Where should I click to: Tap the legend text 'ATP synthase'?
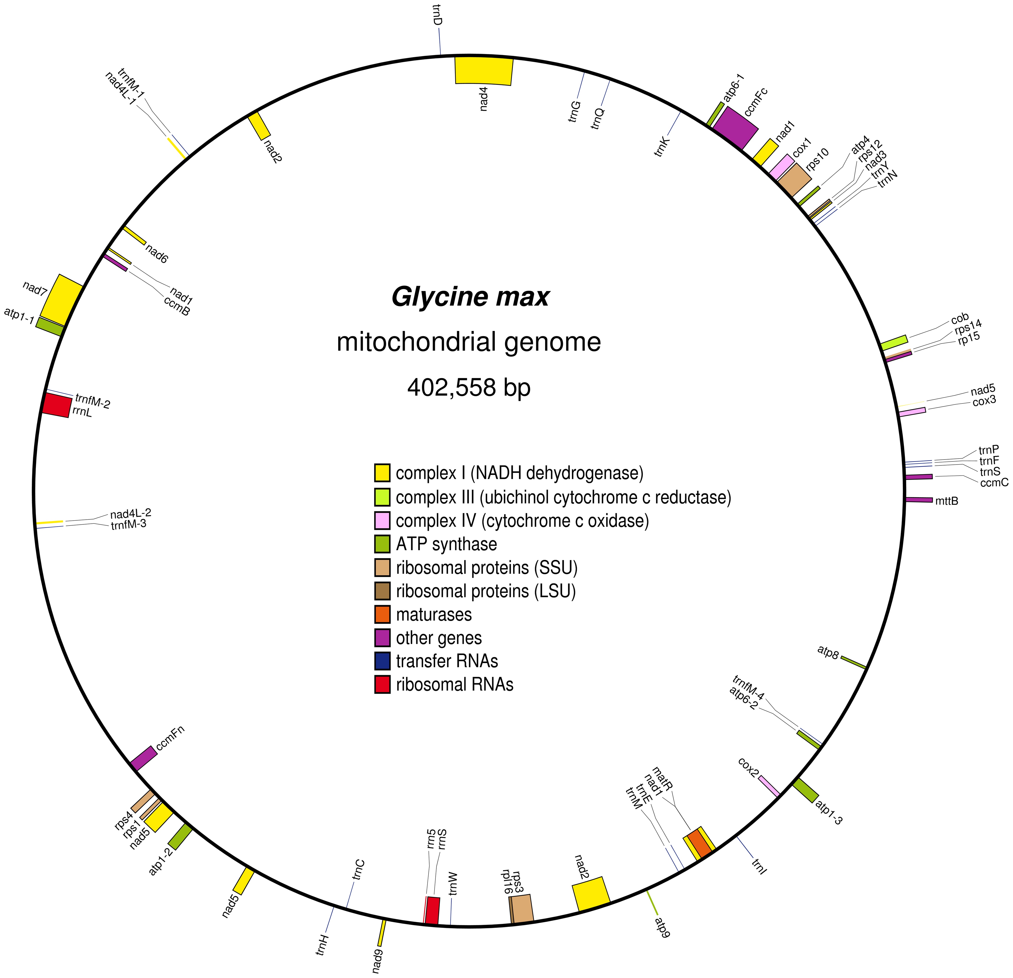tap(446, 544)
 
